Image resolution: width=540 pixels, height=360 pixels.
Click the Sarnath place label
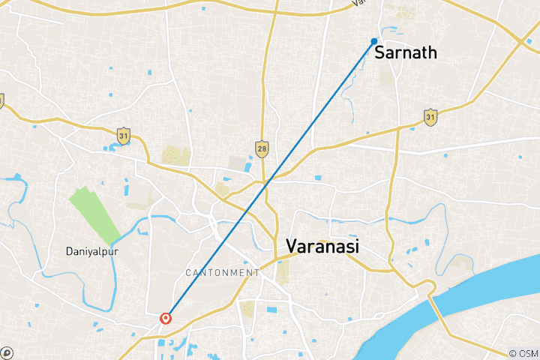pyautogui.click(x=405, y=52)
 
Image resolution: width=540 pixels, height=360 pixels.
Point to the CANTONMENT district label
pyautogui.click(x=223, y=272)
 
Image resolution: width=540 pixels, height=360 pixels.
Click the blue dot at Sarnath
pyautogui.click(x=374, y=41)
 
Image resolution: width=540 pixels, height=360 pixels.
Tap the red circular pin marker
pyautogui.click(x=166, y=319)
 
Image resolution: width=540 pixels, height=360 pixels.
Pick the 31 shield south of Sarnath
pyautogui.click(x=430, y=118)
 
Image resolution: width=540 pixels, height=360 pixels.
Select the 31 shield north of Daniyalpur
pyautogui.click(x=124, y=136)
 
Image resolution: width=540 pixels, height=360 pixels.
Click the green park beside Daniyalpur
pyautogui.click(x=95, y=214)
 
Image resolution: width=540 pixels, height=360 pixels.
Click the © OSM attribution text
pyautogui.click(x=523, y=352)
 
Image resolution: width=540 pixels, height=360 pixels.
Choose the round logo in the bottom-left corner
pyautogui.click(x=6, y=352)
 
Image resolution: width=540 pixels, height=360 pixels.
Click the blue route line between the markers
pyautogui.click(x=270, y=180)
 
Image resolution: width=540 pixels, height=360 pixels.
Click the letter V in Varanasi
pyautogui.click(x=290, y=246)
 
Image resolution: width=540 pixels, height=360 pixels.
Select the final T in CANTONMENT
pyautogui.click(x=257, y=272)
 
